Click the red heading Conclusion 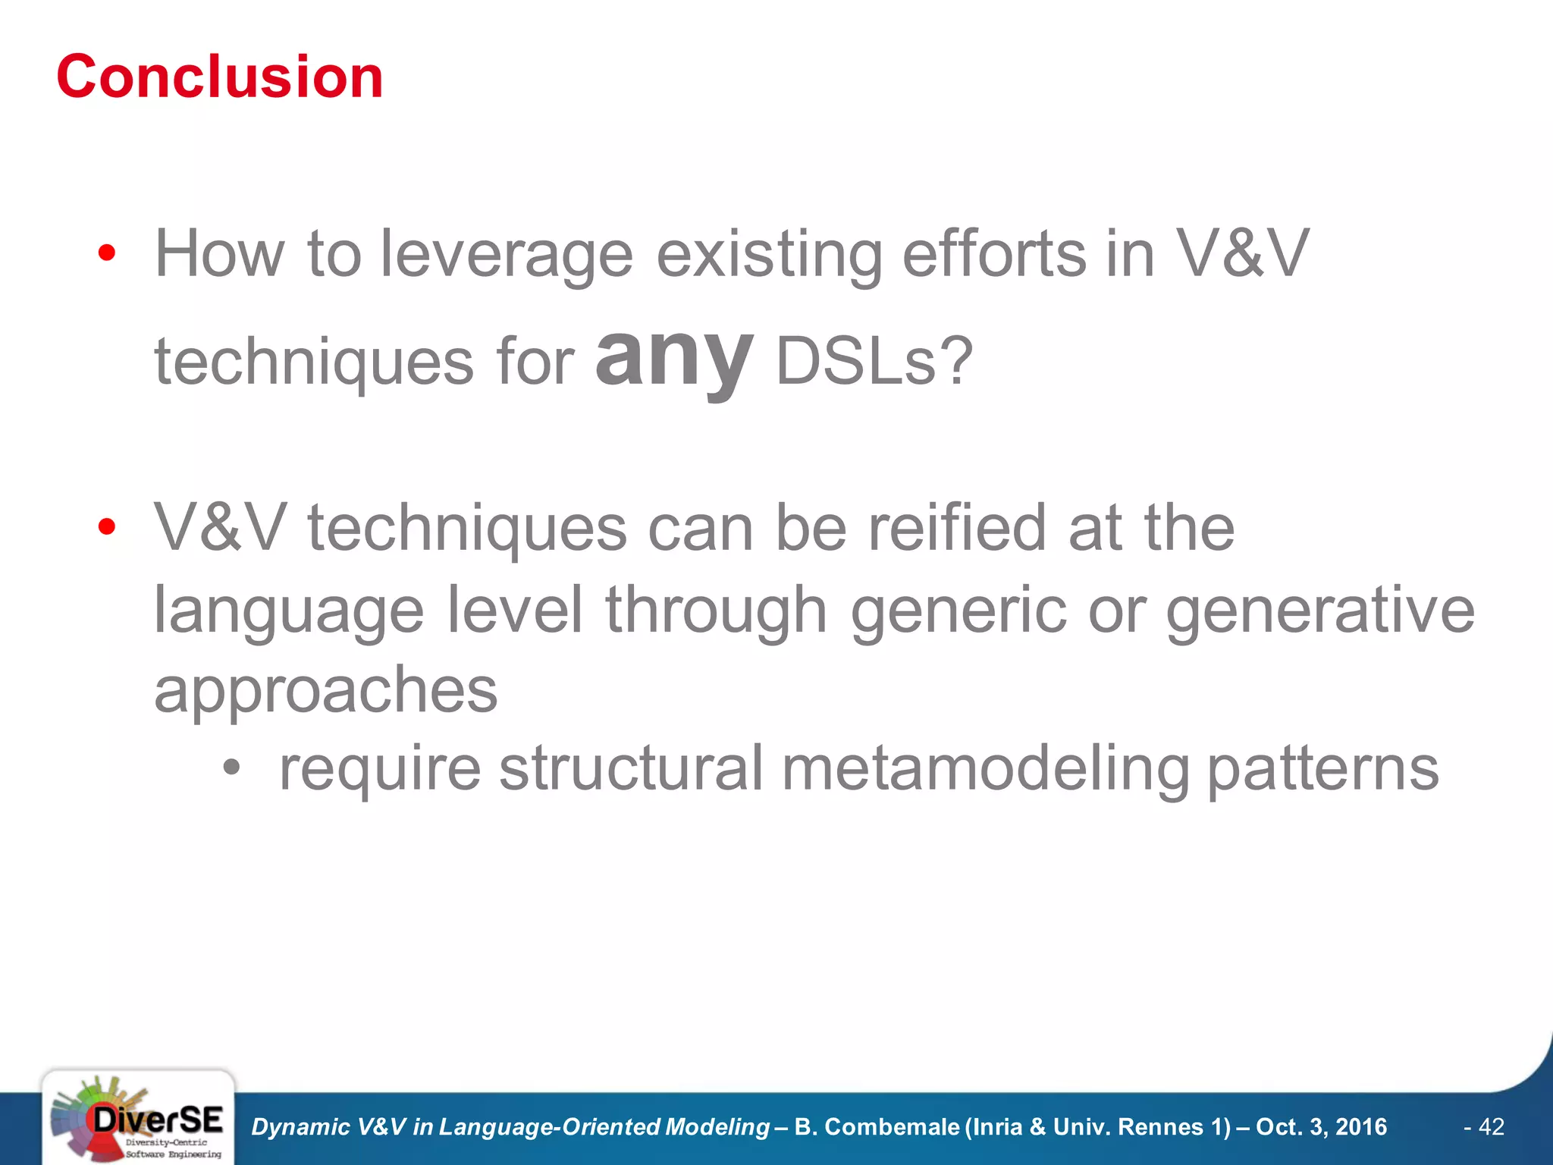(x=220, y=77)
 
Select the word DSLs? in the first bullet (x=874, y=362)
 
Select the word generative (x=1320, y=611)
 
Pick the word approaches (x=326, y=692)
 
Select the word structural (x=631, y=768)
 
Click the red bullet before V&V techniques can (x=107, y=526)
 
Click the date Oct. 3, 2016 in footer (x=1321, y=1127)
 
